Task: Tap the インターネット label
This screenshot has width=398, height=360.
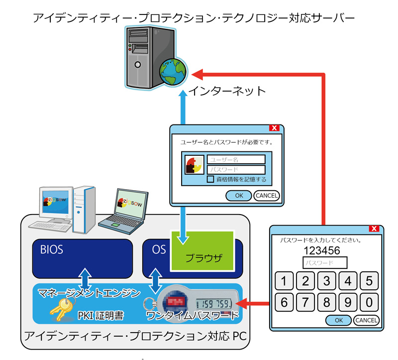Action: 227,91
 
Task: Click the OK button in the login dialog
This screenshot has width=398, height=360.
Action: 239,195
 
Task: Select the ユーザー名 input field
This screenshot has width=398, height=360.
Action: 236,159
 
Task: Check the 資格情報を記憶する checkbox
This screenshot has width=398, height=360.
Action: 210,179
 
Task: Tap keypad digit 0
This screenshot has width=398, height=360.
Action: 369,302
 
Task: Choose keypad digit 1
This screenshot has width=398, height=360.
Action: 284,281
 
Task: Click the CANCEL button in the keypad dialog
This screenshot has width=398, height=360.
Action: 366,320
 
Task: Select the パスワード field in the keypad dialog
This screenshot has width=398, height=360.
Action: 324,262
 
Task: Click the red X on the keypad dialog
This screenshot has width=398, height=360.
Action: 374,229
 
